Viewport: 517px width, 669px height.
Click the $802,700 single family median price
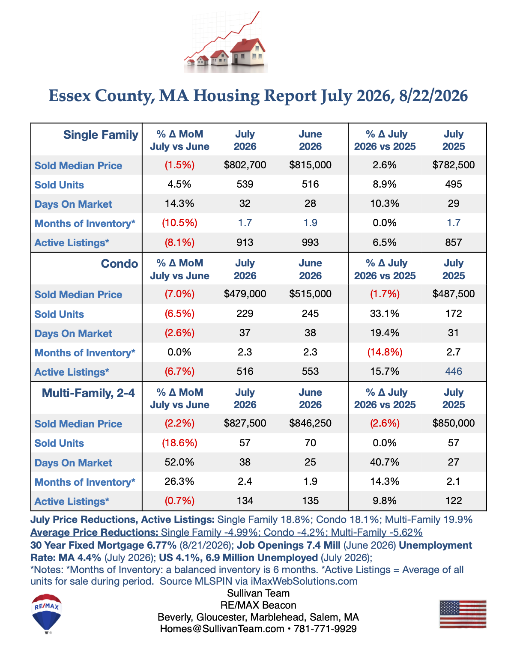pyautogui.click(x=245, y=165)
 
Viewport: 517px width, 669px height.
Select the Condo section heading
pyautogui.click(x=120, y=264)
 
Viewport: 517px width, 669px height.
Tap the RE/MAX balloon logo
pyautogui.click(x=47, y=614)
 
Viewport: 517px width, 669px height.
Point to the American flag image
pyautogui.click(x=463, y=614)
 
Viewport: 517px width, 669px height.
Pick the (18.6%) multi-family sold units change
pyautogui.click(x=179, y=443)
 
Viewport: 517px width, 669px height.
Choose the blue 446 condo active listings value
pyautogui.click(x=454, y=371)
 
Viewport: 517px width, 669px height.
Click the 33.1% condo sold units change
pyautogui.click(x=385, y=314)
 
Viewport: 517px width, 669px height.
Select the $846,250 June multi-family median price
pyautogui.click(x=310, y=423)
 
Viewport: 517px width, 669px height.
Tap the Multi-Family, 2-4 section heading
pyautogui.click(x=88, y=393)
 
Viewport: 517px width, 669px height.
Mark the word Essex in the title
pyautogui.click(x=69, y=96)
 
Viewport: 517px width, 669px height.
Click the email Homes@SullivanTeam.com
pyautogui.click(x=222, y=629)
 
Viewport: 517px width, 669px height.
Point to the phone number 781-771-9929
pyautogui.click(x=325, y=629)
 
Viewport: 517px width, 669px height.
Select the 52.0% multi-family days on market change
pyautogui.click(x=179, y=462)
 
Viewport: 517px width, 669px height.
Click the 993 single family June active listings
pyautogui.click(x=310, y=242)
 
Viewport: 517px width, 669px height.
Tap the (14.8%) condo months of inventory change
pyautogui.click(x=385, y=352)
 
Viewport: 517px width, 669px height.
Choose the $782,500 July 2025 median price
pyautogui.click(x=454, y=165)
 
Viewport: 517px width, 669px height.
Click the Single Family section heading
pyautogui.click(x=101, y=135)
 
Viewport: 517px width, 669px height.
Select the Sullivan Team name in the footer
pyautogui.click(x=258, y=593)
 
